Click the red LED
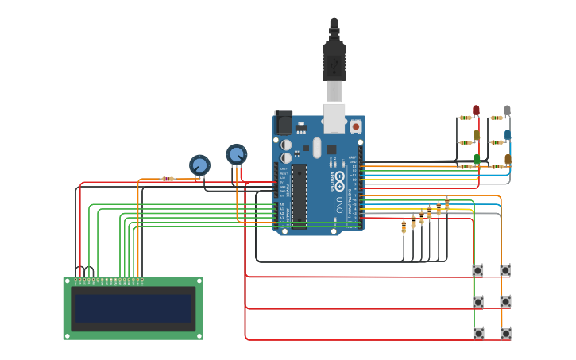pyautogui.click(x=477, y=110)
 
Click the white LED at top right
pyautogui.click(x=507, y=110)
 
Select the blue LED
pyautogui.click(x=508, y=135)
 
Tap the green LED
pyautogui.click(x=477, y=160)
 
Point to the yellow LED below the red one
pyautogui.click(x=477, y=135)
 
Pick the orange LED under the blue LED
pyautogui.click(x=508, y=160)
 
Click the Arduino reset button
pyautogui.click(x=356, y=126)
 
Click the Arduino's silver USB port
pyautogui.click(x=334, y=117)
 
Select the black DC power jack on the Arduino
pyautogui.click(x=283, y=122)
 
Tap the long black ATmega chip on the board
pyautogui.click(x=300, y=195)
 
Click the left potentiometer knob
pyautogui.click(x=199, y=165)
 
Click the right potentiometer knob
pyautogui.click(x=236, y=153)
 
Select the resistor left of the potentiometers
pyautogui.click(x=168, y=179)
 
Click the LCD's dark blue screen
pyautogui.click(x=133, y=308)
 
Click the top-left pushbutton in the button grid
pyautogui.click(x=477, y=270)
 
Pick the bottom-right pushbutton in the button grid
pyautogui.click(x=505, y=333)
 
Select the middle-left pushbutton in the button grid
pyautogui.click(x=477, y=302)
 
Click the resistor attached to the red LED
pyautogui.click(x=465, y=118)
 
